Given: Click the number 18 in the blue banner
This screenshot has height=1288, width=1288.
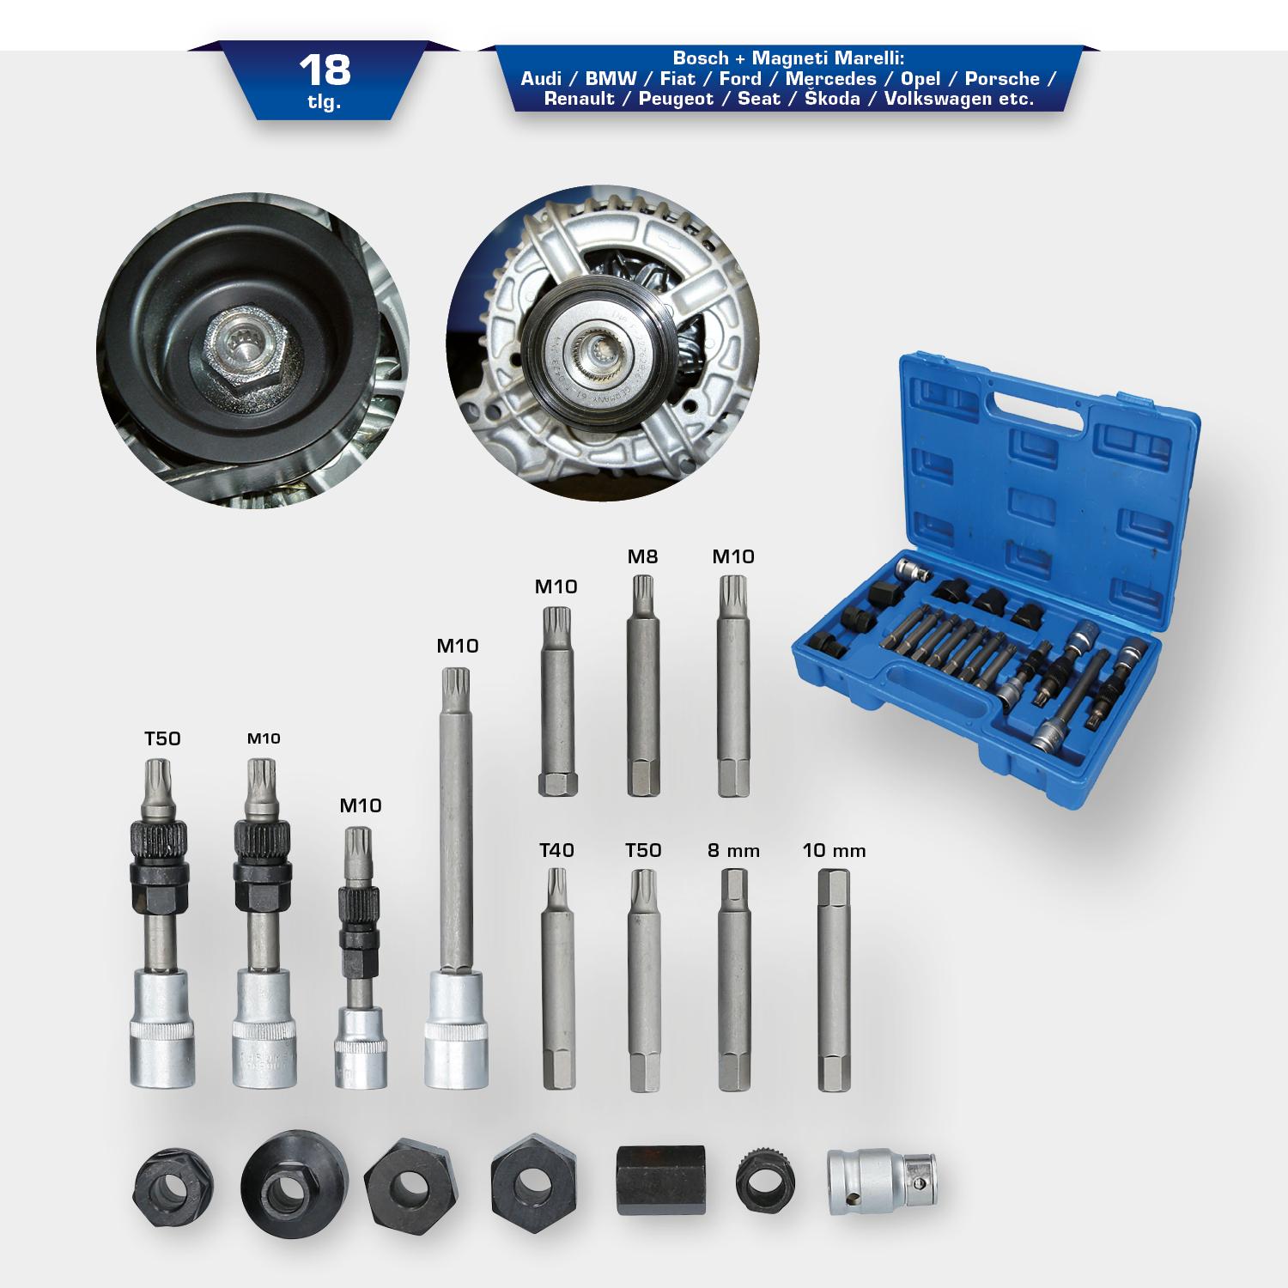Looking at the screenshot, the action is (x=326, y=70).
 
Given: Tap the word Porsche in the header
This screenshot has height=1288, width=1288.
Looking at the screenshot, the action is (x=1002, y=79).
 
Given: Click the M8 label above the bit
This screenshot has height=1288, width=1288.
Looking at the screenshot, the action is (x=642, y=556).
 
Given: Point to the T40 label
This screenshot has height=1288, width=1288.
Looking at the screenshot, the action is (x=556, y=850).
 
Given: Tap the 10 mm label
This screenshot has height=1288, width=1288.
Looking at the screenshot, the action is (x=834, y=851).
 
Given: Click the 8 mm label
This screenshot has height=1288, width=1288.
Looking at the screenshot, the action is (x=733, y=851).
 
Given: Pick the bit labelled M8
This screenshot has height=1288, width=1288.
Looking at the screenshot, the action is (x=643, y=687).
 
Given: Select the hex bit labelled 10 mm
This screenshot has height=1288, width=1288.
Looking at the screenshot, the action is (x=832, y=980).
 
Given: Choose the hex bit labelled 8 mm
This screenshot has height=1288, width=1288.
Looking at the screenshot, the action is (x=734, y=980).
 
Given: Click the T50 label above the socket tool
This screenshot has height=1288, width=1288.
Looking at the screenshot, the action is (x=162, y=738).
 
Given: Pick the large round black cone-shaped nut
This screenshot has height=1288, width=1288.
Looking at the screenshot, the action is (x=295, y=1182).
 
